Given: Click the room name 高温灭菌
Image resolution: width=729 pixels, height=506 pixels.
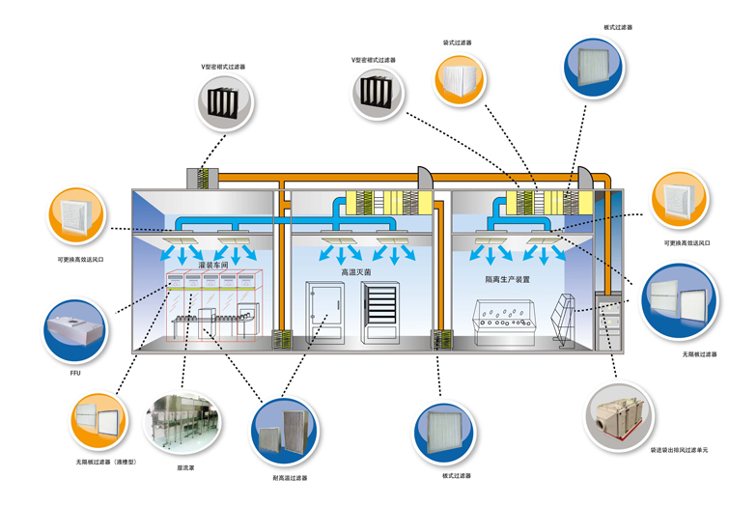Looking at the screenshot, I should [354, 273].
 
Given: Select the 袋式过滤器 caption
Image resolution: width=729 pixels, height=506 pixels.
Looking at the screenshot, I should [457, 42].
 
